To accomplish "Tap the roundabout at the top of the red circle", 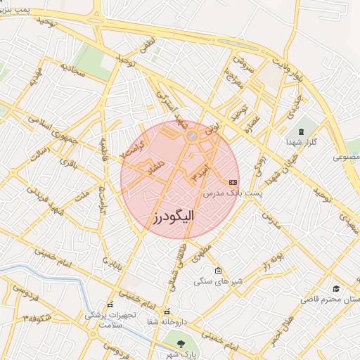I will point(191,136).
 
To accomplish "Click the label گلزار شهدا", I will point(303,143).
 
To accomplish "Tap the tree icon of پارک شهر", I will point(183,344).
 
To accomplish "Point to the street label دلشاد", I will point(152,167).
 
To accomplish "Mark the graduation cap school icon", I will point(336,289).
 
